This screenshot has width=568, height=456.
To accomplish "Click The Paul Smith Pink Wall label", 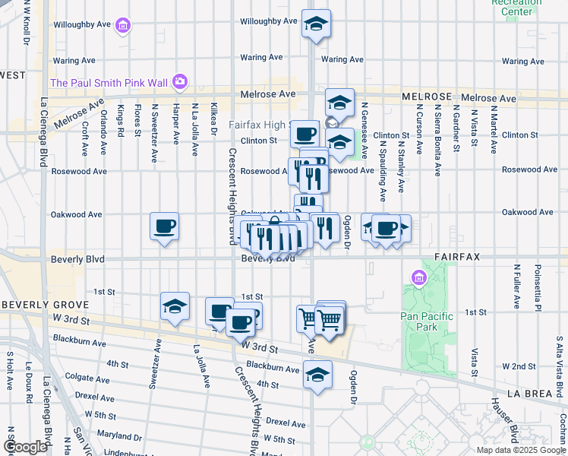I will pos(109,82).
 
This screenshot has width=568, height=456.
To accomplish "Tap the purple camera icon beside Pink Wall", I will pos(179,81).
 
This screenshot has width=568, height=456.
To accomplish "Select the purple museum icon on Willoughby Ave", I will pos(122,27).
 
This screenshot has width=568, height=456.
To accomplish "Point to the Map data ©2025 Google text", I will pos(521,450).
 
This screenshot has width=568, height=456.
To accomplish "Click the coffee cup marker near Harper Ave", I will pos(165,226).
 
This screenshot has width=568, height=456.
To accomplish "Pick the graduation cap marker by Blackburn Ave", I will pos(317,373).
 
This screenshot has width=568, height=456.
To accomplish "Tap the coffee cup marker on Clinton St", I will pos(305,134).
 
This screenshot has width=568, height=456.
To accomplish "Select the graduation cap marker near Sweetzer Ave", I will pos(175,307).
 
